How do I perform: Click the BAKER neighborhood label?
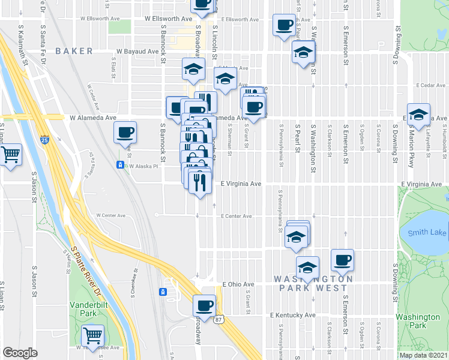[74, 52]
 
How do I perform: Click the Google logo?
[20, 353]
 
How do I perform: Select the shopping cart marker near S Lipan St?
[11, 154]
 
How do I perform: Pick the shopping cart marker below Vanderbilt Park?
[93, 334]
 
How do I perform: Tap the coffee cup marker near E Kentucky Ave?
[204, 305]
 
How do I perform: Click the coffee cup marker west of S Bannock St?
[125, 131]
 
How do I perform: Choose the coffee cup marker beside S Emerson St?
[343, 260]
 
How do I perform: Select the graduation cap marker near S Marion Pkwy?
[418, 113]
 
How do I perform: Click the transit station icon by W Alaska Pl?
[121, 165]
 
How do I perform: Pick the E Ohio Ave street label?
[238, 284]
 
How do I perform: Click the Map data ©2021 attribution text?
[423, 355]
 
